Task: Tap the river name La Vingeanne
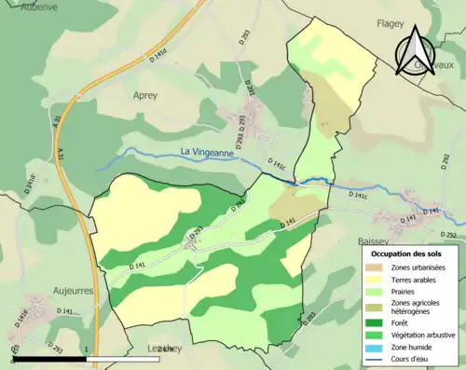point(212,151)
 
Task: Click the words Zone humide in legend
point(410,346)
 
